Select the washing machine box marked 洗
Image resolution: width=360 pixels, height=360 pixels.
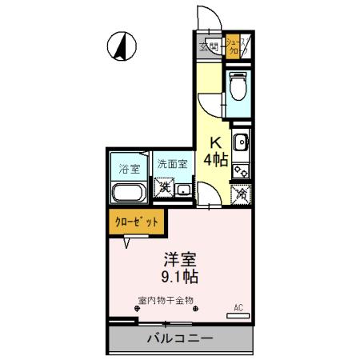[164, 189]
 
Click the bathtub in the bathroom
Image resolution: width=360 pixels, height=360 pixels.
[126, 193]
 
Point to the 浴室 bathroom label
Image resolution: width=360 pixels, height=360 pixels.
[127, 169]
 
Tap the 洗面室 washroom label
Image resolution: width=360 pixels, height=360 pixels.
[172, 164]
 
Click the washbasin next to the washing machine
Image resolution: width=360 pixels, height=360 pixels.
[184, 190]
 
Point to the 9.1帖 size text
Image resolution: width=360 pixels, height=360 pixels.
[182, 278]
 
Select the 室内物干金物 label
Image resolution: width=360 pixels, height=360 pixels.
[166, 302]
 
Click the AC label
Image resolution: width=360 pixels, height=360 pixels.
[238, 307]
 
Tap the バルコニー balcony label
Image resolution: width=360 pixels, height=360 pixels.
[180, 338]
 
